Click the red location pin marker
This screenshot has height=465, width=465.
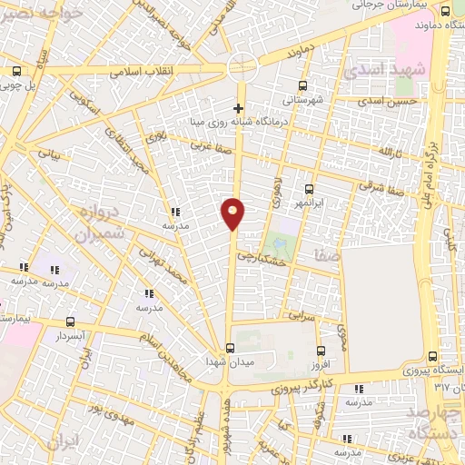point(233,213)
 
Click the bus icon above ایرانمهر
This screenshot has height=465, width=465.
point(310,189)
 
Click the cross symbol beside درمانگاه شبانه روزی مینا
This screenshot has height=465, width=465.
point(238,109)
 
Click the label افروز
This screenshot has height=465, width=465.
point(320,364)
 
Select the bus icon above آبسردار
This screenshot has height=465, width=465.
point(71,322)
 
